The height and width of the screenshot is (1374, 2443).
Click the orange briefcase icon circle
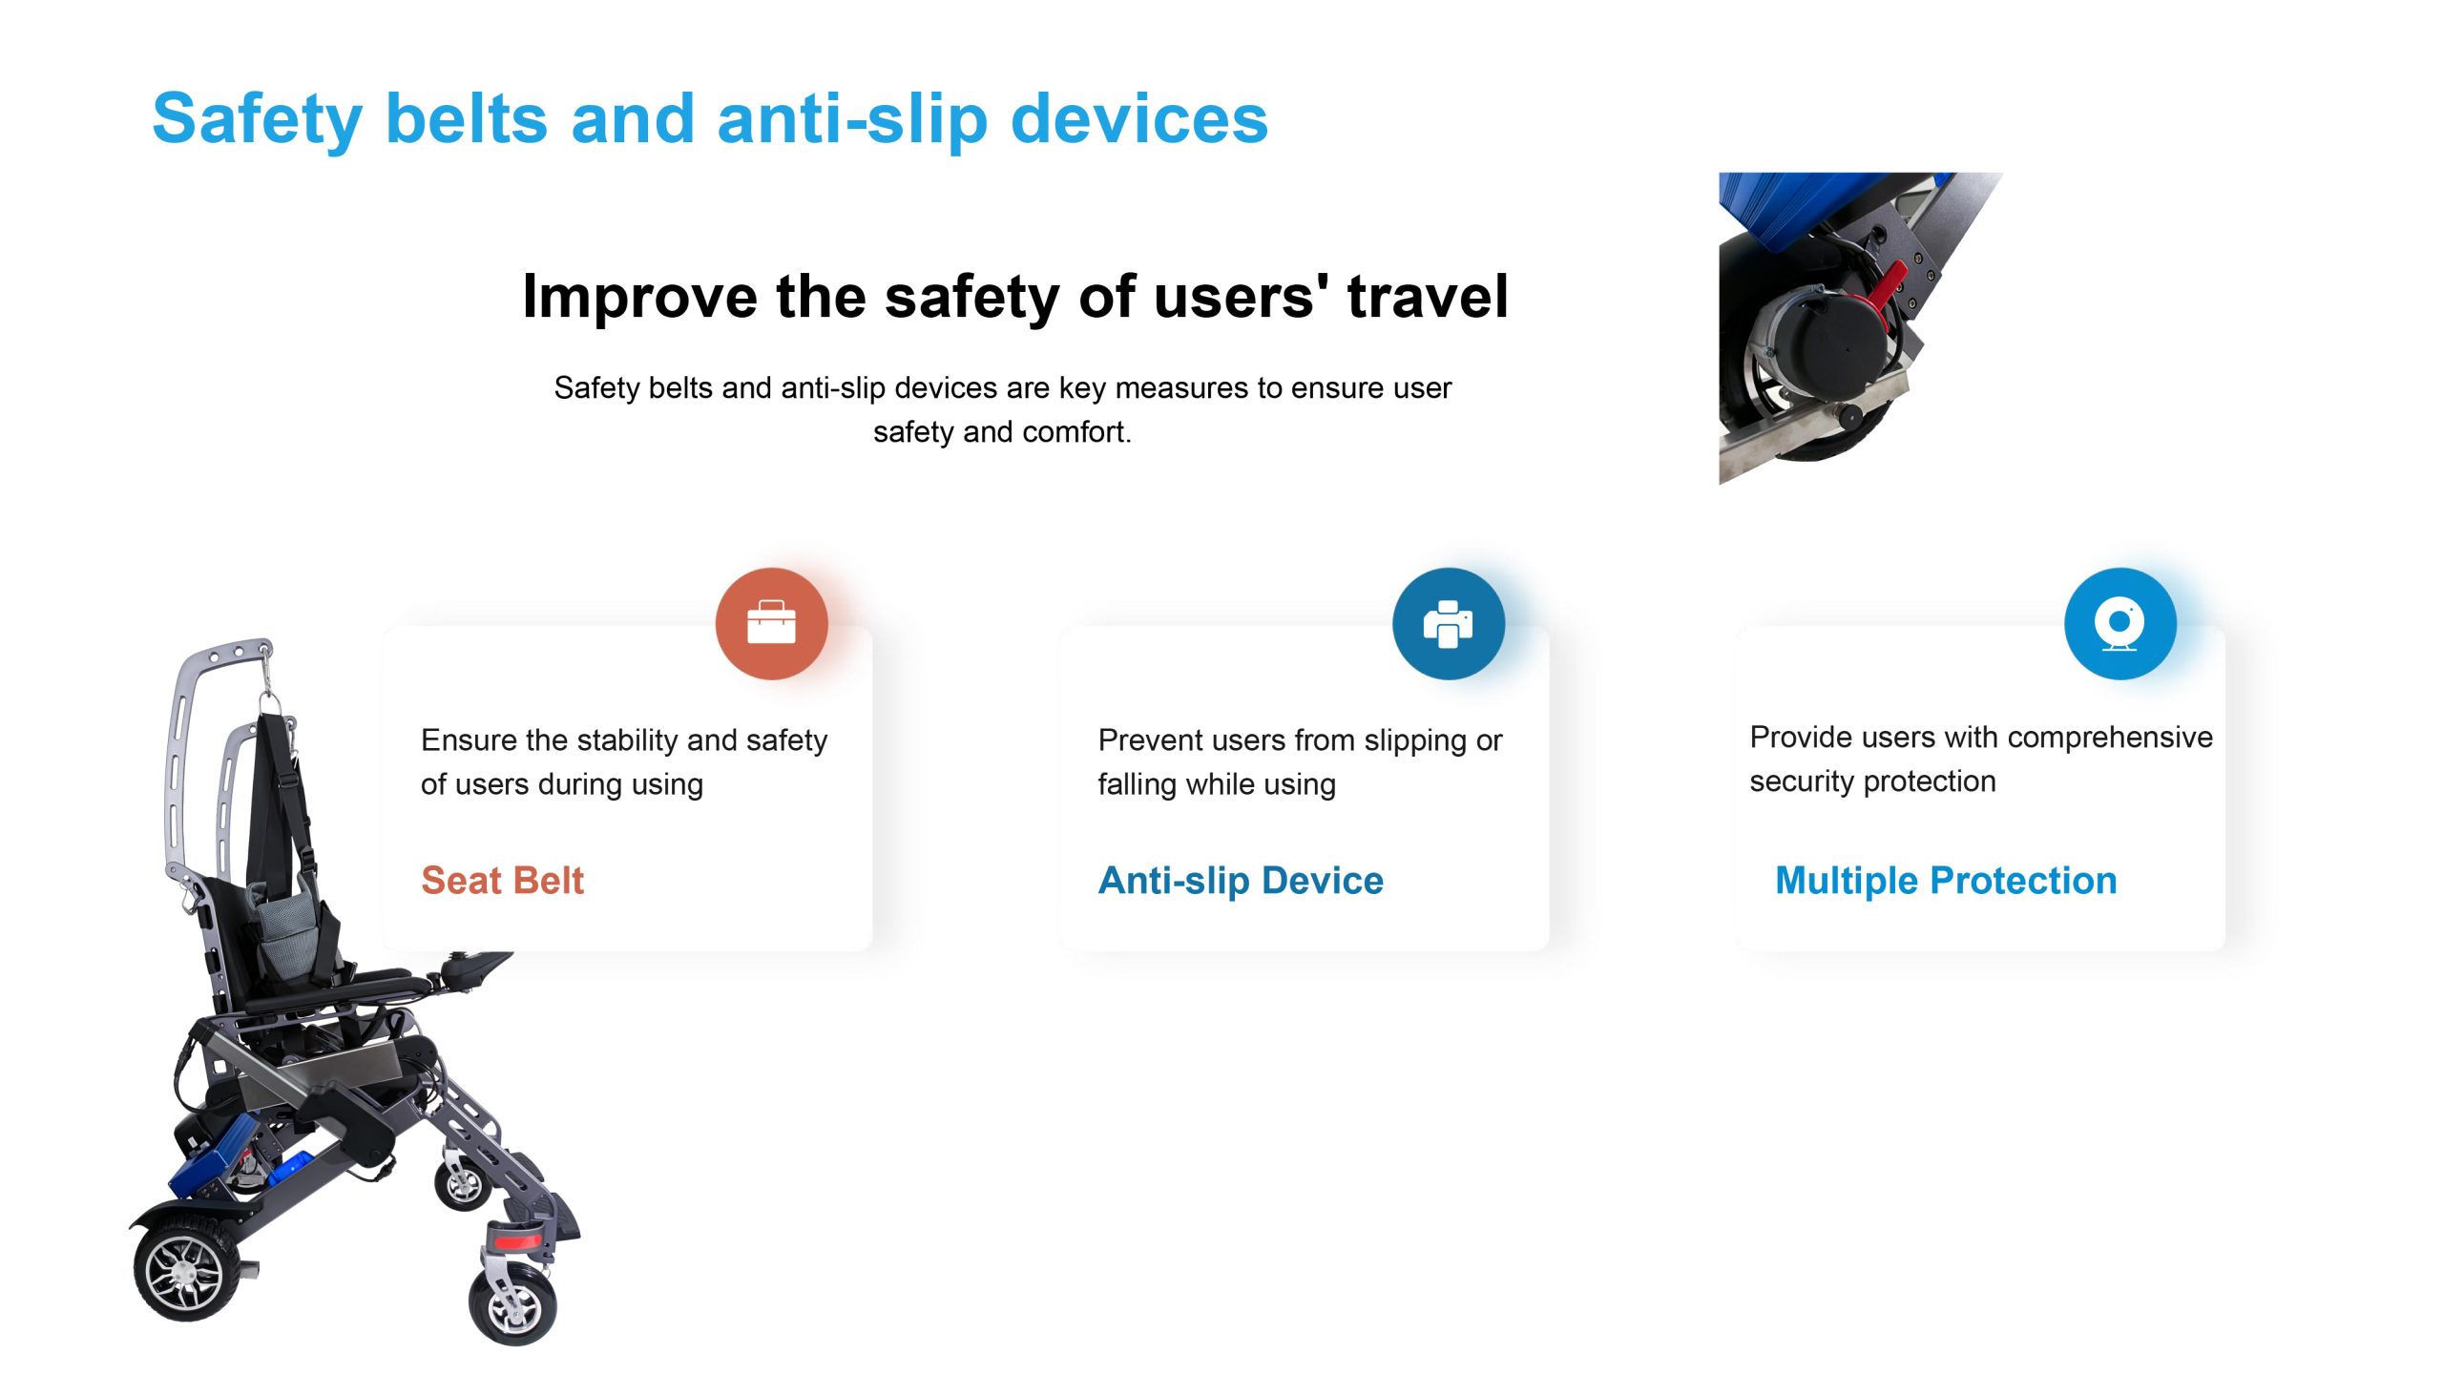pos(771,623)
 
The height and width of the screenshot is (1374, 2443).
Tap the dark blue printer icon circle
pos(1448,623)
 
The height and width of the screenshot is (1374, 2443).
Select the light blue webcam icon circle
pos(2119,623)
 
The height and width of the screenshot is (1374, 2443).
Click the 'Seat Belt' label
pos(502,880)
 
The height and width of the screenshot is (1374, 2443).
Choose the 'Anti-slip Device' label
pos(1241,880)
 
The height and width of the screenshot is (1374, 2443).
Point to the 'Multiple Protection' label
pos(1946,880)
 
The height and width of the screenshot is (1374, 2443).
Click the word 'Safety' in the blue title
pos(257,120)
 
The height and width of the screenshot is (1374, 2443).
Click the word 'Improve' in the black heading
pos(639,298)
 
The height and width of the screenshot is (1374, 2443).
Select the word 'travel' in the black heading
pos(1428,296)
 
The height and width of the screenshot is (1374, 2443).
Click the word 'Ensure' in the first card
pos(470,739)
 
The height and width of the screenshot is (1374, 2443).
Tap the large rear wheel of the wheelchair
pos(187,1270)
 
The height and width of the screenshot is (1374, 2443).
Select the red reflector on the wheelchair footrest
pos(518,1242)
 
